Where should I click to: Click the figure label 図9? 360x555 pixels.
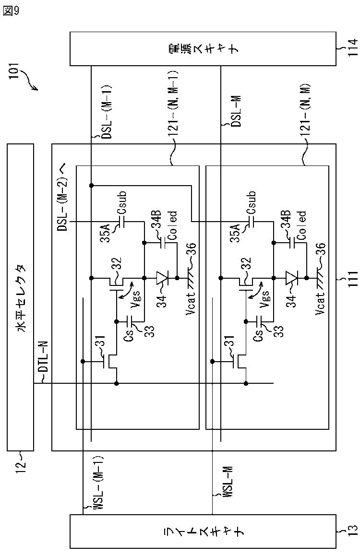[x=11, y=11]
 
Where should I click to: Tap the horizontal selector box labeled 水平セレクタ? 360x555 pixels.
[x=21, y=297]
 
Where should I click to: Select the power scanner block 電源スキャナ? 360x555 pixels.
[x=203, y=49]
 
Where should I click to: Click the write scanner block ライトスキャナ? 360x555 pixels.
[x=203, y=531]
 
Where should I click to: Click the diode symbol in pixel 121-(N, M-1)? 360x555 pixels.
[x=162, y=278]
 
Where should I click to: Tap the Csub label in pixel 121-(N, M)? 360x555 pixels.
[x=251, y=203]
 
